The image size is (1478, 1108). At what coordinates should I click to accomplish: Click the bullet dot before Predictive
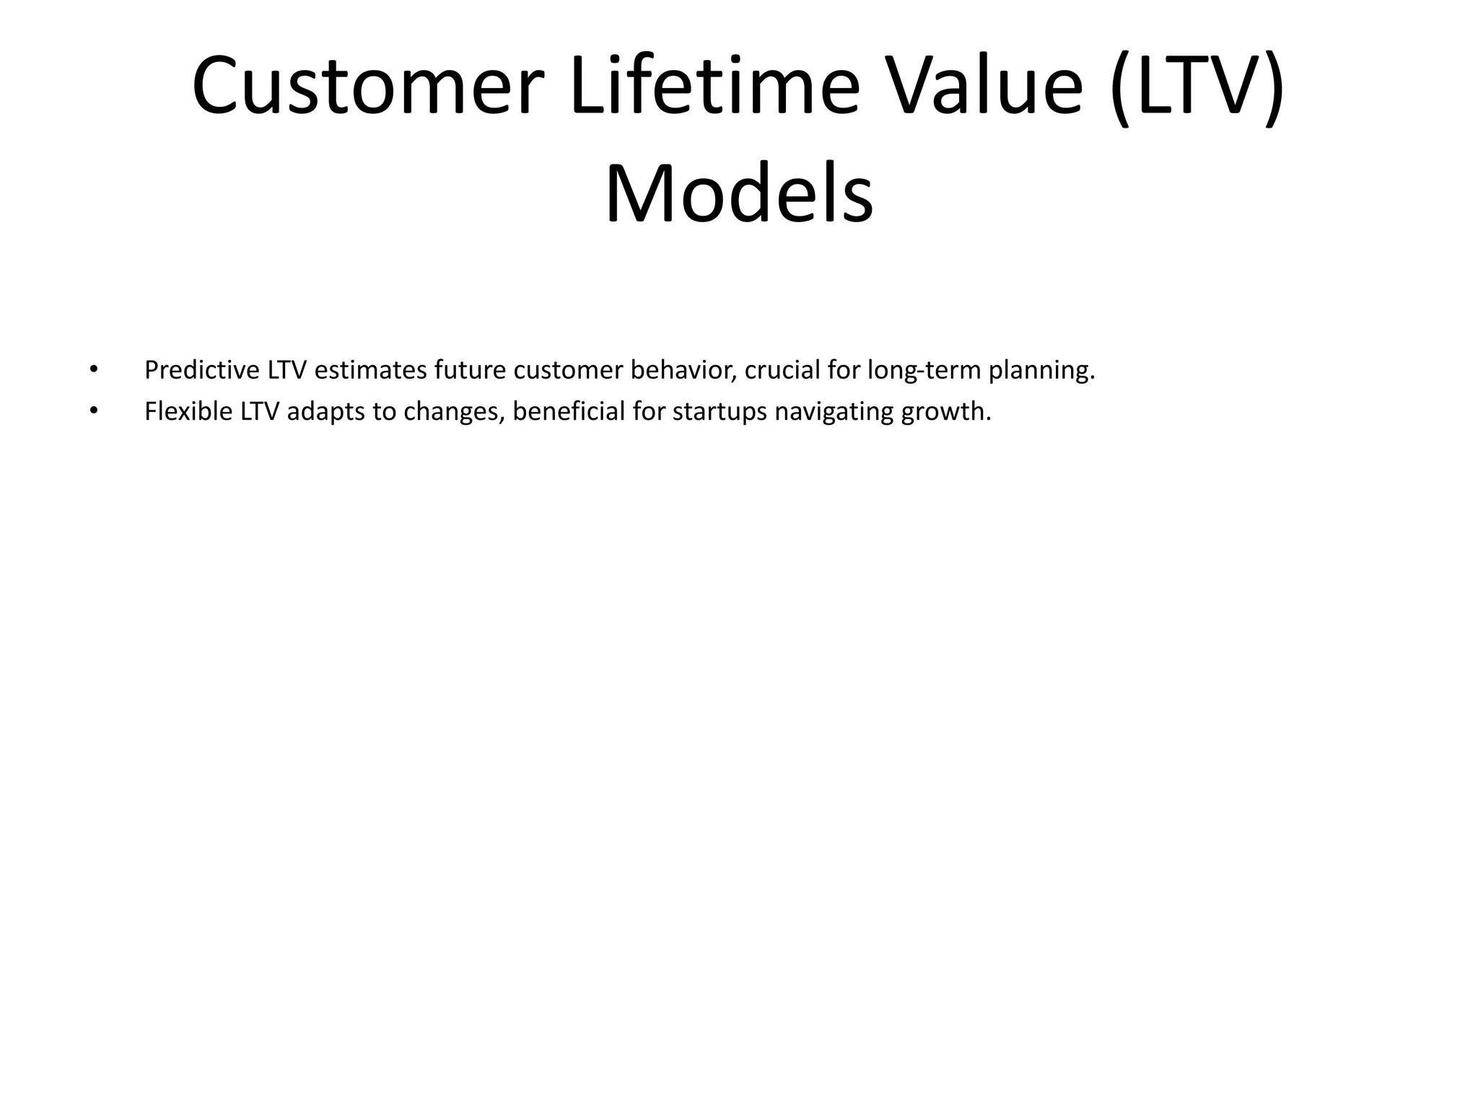92,369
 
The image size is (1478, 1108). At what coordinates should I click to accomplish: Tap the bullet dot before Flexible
92,411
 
